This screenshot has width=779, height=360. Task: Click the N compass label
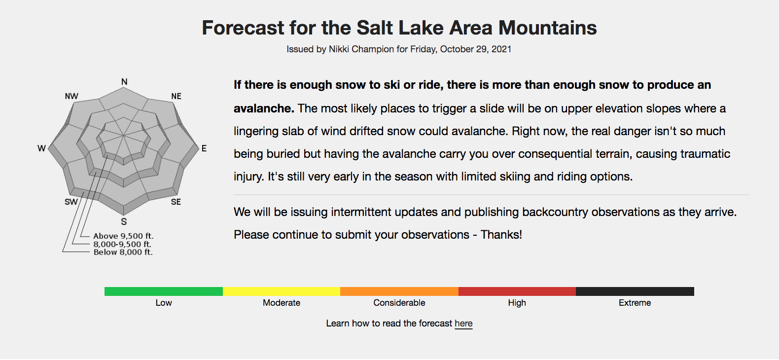pos(124,82)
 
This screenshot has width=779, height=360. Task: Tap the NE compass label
pos(177,96)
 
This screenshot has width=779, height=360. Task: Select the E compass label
pos(204,148)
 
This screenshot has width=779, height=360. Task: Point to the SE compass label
pos(176,202)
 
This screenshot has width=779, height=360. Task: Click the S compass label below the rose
pos(124,221)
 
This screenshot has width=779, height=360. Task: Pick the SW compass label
pos(71,202)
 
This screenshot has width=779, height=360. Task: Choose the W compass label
pos(41,148)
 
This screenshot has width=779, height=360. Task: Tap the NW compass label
pos(71,96)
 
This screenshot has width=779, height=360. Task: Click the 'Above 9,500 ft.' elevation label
pos(123,236)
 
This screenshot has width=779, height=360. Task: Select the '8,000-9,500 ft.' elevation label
pos(122,245)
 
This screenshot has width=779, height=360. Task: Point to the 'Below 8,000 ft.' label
pos(123,252)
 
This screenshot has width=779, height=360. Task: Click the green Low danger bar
pos(164,291)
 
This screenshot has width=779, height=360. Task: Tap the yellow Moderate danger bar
pos(282,291)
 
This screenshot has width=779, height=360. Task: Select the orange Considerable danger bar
pos(399,291)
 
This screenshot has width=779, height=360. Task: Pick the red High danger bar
pos(517,291)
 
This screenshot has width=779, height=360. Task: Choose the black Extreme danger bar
pos(635,291)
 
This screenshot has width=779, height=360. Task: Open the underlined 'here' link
pos(463,324)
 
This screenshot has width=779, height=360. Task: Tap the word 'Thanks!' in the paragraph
pos(501,235)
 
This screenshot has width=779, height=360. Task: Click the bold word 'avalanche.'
pos(264,108)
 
